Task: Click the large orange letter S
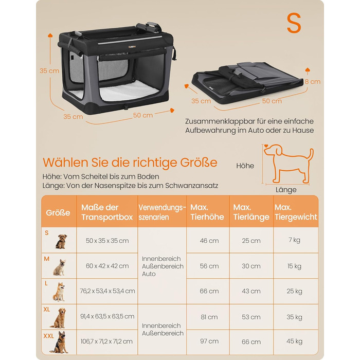pos(294,23)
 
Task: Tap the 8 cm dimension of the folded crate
pos(313,81)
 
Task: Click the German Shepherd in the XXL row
pos(60,342)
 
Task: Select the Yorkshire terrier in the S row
pos(61,241)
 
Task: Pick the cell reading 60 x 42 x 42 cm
pos(107,266)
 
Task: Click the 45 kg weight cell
pos(294,341)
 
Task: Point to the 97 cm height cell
pos(209,341)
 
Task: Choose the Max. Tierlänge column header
pos(251,212)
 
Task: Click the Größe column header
pos(58,212)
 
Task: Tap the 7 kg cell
pos(294,240)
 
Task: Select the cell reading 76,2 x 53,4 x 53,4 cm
pos(107,291)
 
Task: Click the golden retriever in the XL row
pos(59,318)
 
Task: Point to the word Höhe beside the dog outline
pos(245,166)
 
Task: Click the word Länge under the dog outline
pos(286,190)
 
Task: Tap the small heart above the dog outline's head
pos(266,146)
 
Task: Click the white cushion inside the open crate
pos(129,92)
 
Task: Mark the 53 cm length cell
pos(251,317)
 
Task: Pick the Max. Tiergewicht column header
pos(296,212)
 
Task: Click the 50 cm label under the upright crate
pos(143,115)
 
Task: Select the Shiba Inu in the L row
pos(59,292)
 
